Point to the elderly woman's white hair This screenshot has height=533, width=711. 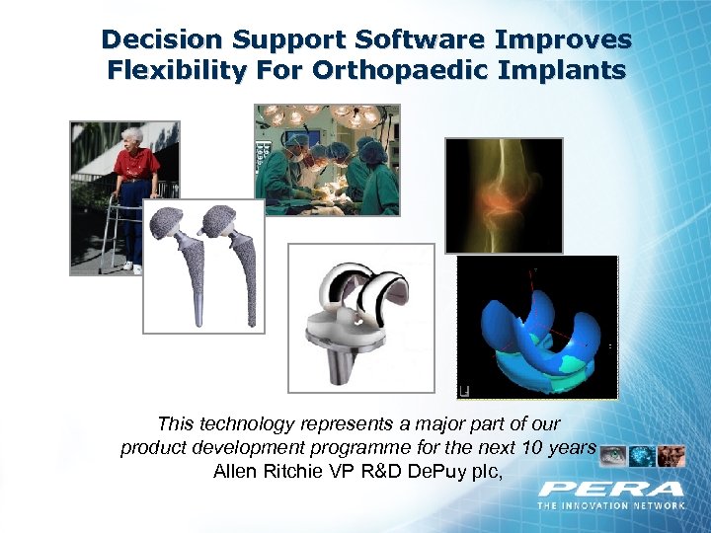pos(131,134)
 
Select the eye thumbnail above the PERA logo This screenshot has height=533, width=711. pos(613,455)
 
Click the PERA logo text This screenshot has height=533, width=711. pos(611,489)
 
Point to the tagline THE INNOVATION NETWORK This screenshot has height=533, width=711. pos(611,505)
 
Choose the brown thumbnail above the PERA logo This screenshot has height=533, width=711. pos(671,455)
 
